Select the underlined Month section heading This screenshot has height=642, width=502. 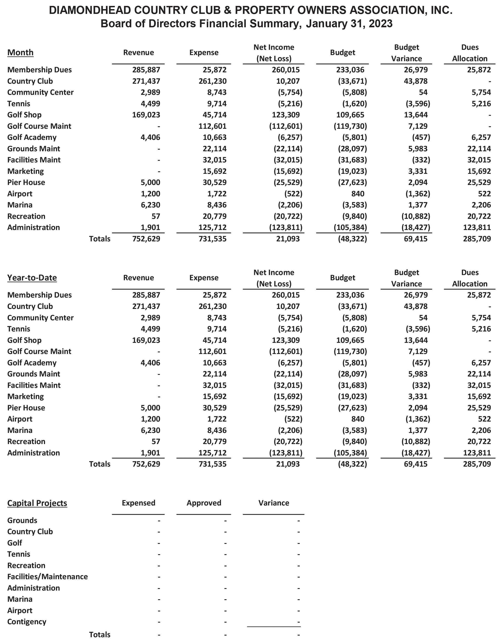20,52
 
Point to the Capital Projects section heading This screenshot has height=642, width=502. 37,503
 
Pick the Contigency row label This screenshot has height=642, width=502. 27,622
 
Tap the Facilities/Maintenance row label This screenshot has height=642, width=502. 47,576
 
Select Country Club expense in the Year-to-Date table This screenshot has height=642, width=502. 213,306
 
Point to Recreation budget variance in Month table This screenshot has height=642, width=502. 416,216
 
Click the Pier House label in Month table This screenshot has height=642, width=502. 26,182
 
